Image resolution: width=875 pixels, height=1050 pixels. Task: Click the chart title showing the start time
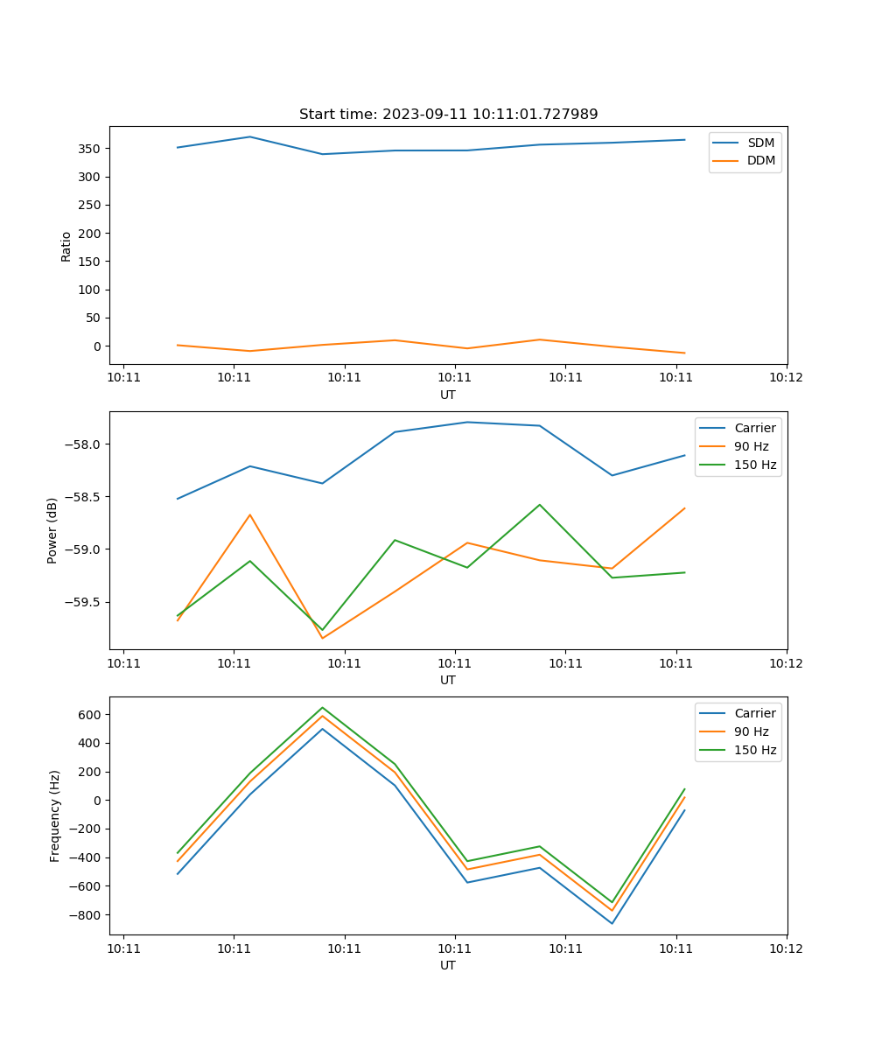(448, 115)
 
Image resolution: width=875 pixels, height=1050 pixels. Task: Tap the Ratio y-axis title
(66, 246)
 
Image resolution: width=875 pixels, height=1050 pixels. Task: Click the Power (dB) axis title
(53, 530)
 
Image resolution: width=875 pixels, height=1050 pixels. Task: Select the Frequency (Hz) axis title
(55, 815)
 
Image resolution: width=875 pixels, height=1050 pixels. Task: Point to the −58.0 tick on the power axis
(84, 444)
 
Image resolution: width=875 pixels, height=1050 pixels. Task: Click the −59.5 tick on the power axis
(84, 603)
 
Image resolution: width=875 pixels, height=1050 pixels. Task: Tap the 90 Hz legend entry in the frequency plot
(751, 731)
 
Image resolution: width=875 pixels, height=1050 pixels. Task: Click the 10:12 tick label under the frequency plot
(786, 948)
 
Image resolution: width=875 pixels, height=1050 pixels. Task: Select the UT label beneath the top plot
(448, 395)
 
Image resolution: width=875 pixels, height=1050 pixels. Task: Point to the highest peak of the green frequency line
(322, 707)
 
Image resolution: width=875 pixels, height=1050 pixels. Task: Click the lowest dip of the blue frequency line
(612, 923)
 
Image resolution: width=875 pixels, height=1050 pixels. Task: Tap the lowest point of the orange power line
(322, 638)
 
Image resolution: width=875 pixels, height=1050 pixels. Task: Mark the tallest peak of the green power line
(540, 504)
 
